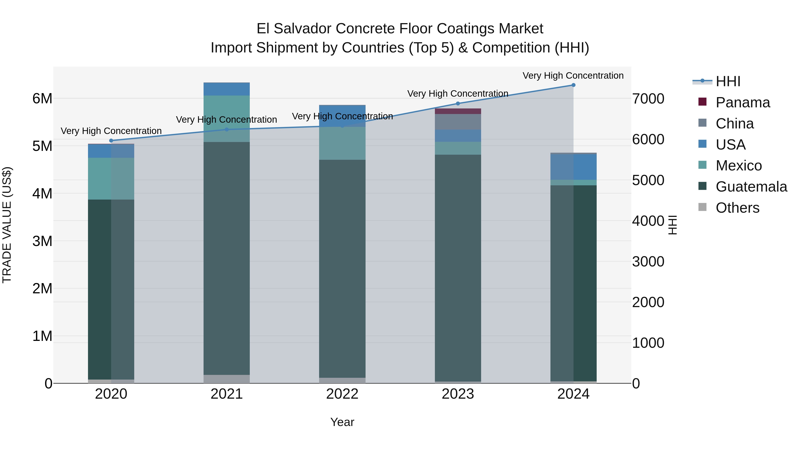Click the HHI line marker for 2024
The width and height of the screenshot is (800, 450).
pos(573,85)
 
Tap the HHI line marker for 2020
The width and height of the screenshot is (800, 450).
pos(111,141)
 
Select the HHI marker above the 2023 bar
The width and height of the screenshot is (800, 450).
pos(458,103)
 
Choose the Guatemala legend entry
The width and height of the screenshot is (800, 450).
pos(751,187)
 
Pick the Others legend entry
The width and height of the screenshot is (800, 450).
pos(737,208)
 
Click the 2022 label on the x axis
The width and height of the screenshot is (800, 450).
pos(342,394)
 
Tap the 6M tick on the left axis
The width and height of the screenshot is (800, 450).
pos(42,99)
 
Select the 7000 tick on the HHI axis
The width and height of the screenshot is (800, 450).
pos(648,99)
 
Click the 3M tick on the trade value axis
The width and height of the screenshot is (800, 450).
pos(42,241)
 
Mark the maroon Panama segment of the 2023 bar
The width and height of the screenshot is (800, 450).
pos(458,111)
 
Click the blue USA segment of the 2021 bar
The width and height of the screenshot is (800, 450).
pos(227,89)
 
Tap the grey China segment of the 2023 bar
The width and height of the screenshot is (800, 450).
pos(458,122)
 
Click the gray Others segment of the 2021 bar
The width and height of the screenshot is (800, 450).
pos(227,379)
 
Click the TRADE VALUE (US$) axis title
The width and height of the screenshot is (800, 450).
pos(7,225)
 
